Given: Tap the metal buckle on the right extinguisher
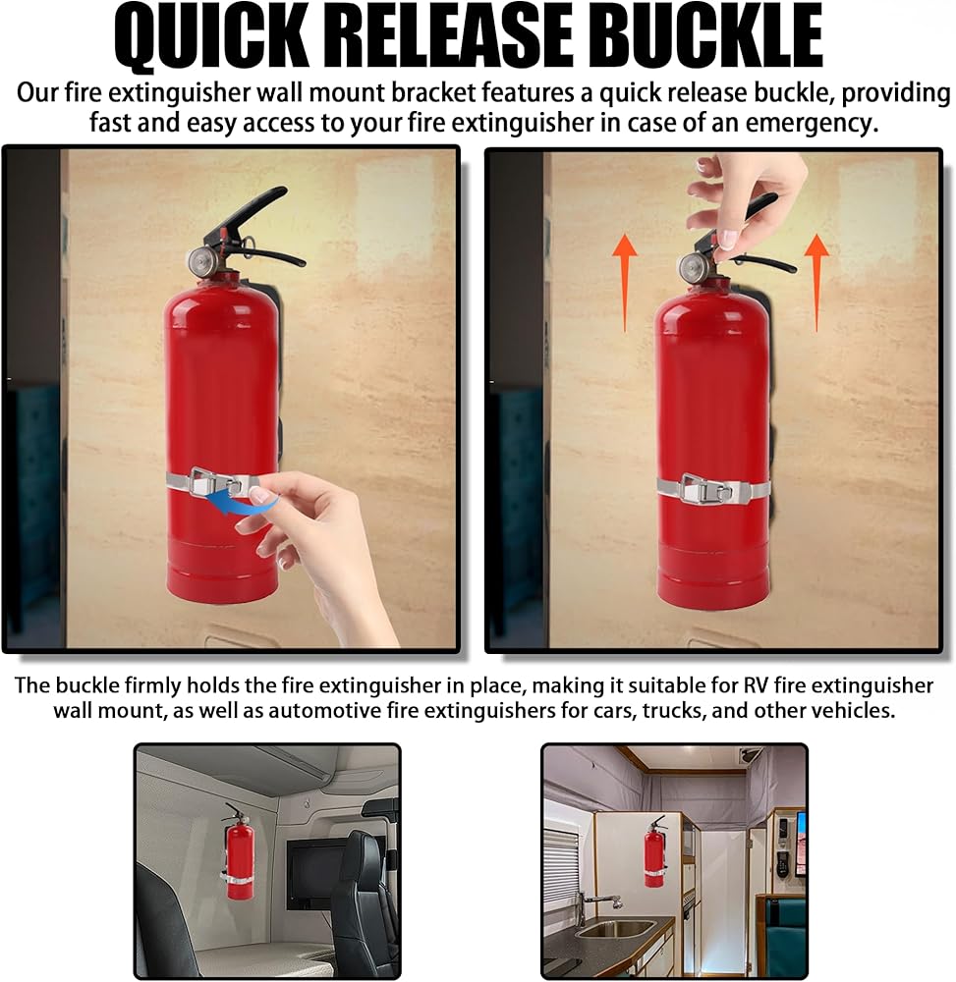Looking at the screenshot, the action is (705, 488).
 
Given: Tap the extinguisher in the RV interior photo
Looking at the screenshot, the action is (654, 851).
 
